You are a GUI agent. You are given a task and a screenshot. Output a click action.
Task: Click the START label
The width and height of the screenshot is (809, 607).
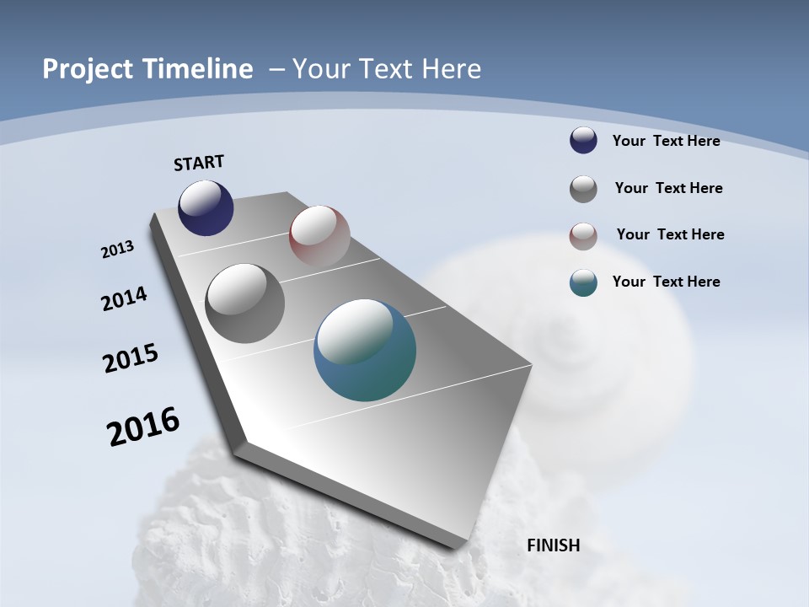199,163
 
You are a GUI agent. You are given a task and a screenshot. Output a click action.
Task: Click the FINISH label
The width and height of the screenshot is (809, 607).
553,545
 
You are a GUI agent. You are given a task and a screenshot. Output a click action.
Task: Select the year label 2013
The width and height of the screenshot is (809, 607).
118,250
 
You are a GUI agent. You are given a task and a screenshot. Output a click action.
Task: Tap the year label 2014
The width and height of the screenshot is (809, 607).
125,299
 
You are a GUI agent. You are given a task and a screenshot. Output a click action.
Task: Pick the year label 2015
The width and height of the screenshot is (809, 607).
131,358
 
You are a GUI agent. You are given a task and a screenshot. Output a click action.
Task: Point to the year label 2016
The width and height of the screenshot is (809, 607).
143,427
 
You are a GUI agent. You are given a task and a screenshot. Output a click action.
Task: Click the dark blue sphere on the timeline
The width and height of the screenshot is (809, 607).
206,208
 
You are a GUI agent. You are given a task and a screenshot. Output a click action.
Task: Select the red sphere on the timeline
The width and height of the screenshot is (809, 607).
319,236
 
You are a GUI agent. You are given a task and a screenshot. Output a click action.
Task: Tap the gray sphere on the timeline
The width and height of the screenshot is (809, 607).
245,303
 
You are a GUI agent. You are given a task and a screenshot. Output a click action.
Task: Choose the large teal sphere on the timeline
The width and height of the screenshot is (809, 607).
365,350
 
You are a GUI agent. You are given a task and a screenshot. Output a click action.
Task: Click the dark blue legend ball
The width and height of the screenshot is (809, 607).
583,140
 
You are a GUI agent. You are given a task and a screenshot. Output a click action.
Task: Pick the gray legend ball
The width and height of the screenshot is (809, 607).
583,189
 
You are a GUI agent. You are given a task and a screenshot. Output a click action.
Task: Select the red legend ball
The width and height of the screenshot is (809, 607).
583,237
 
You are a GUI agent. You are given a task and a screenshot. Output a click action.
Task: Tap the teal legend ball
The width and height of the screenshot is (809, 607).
583,282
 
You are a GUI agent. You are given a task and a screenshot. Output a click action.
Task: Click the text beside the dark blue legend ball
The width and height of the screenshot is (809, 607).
666,141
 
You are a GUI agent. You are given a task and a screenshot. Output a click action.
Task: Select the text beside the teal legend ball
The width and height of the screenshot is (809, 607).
666,282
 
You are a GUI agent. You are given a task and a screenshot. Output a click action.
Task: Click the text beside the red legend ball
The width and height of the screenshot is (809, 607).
670,234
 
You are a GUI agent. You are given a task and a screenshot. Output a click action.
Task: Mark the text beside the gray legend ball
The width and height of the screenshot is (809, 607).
668,188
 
